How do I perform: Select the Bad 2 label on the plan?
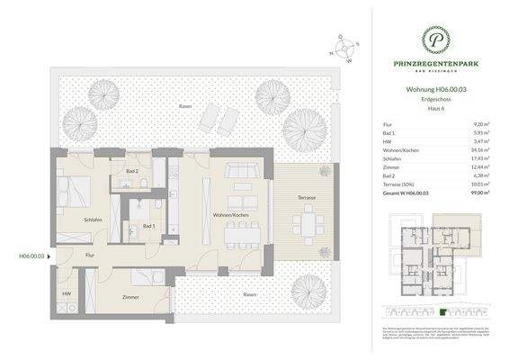coord(131,170)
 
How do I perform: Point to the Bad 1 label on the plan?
coord(148,227)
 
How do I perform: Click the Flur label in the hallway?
coord(90,256)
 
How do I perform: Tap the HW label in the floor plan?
coord(67,294)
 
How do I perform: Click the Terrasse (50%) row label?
coord(398,184)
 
